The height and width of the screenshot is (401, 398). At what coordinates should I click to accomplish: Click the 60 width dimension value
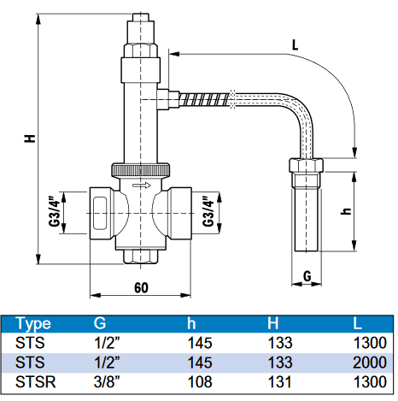[x=141, y=288]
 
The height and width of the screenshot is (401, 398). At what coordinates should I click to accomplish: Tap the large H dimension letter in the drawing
[x=30, y=139]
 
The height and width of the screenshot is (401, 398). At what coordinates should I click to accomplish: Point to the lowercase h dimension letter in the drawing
[x=347, y=210]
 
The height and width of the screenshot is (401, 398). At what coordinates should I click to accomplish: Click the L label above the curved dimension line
[x=295, y=45]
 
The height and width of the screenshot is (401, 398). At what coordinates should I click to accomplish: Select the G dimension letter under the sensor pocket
[x=307, y=276]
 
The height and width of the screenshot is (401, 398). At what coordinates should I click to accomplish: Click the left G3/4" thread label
[x=56, y=211]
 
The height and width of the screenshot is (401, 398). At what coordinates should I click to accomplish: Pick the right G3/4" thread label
[x=208, y=211]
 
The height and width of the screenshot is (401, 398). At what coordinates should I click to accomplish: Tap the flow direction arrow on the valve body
[x=142, y=186]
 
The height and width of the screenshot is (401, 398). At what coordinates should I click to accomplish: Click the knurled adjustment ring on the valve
[x=141, y=170]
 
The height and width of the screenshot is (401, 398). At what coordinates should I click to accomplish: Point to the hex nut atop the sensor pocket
[x=307, y=165]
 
